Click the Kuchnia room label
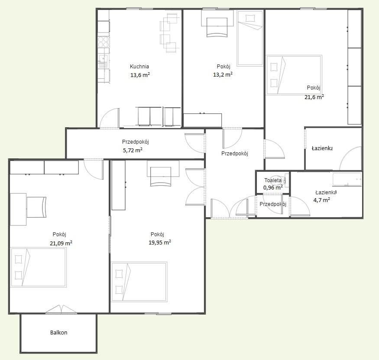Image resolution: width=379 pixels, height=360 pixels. tap(139, 66)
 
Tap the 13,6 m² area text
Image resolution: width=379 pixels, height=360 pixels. tap(140, 75)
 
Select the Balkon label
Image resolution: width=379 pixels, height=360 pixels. tap(59, 332)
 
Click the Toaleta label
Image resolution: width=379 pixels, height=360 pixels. tap(273, 180)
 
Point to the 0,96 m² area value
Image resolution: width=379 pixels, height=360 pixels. tap(273, 188)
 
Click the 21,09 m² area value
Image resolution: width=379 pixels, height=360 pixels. tap(61, 243)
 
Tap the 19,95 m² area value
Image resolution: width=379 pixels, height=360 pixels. tap(160, 242)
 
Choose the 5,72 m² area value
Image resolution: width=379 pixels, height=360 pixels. tap(133, 150)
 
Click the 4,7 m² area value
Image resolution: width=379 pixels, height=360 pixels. tap(322, 200)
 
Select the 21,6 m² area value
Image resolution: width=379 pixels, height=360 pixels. tap(314, 97)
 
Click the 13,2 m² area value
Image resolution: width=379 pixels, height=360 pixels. tap(223, 74)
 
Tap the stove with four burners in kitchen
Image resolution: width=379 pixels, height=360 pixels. tap(104, 42)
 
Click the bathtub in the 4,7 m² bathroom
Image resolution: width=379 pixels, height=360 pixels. tap(347, 180)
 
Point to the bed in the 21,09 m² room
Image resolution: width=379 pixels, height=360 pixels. tap(39, 267)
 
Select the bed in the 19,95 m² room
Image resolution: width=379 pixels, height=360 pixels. tap(139, 282)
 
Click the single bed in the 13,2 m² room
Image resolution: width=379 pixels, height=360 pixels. tap(250, 38)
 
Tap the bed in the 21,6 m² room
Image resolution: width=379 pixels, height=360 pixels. tap(294, 75)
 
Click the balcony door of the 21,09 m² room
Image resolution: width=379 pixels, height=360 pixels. tap(62, 309)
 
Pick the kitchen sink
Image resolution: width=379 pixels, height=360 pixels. tap(104, 61)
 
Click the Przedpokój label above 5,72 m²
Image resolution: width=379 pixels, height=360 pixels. tap(135, 142)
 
